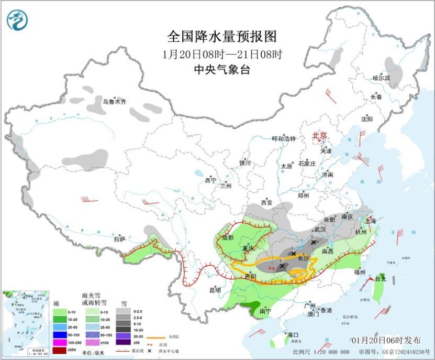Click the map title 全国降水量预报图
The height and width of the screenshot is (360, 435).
click(x=221, y=36)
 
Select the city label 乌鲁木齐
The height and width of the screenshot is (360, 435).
click(x=114, y=102)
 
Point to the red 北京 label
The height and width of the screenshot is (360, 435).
click(x=319, y=136)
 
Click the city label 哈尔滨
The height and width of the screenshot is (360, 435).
click(x=381, y=78)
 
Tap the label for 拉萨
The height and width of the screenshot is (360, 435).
click(x=119, y=239)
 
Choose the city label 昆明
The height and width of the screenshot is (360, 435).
click(x=215, y=289)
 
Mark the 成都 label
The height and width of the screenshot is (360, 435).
click(x=228, y=237)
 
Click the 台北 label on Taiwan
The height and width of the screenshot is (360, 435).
click(x=387, y=279)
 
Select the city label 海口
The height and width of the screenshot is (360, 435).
click(x=292, y=335)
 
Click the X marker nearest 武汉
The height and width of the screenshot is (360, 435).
click(x=313, y=242)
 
